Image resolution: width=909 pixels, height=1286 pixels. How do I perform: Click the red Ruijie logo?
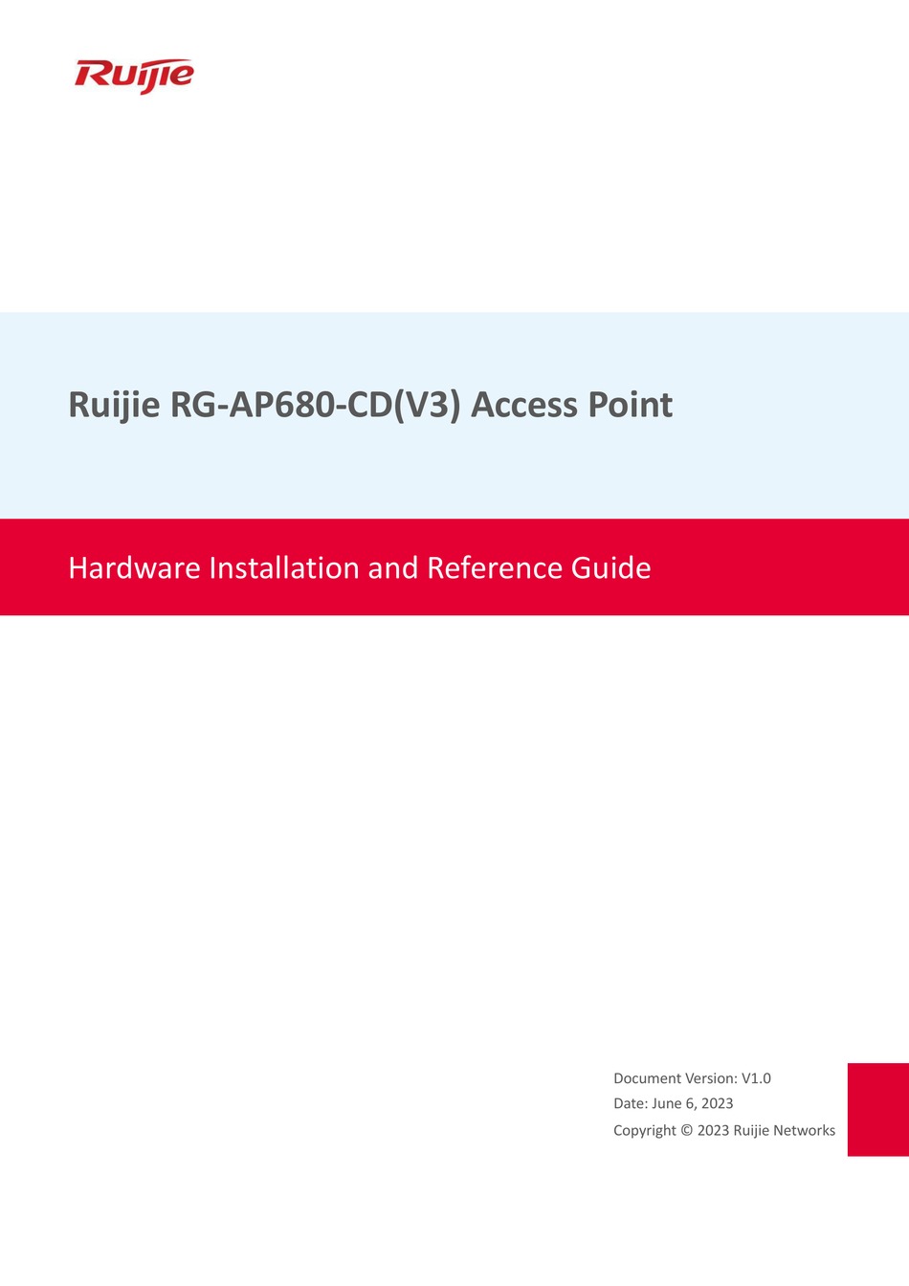click(x=134, y=75)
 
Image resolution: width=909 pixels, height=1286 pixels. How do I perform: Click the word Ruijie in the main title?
click(x=114, y=405)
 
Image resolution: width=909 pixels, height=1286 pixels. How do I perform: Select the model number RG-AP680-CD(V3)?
click(x=316, y=405)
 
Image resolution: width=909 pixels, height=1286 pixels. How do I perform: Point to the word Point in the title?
click(x=630, y=405)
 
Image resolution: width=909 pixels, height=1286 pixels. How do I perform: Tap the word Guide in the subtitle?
click(x=610, y=568)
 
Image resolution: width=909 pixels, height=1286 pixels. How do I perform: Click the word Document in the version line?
click(x=647, y=1078)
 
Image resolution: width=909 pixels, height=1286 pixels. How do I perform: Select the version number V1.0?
click(x=756, y=1078)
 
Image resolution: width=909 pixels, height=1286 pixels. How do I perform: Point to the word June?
click(x=666, y=1103)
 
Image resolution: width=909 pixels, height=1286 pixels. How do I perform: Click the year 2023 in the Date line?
click(x=717, y=1103)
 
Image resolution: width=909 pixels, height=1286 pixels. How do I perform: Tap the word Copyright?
click(x=644, y=1130)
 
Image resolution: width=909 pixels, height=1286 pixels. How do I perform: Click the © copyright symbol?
click(x=686, y=1130)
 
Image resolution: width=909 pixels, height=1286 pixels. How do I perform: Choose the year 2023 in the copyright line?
click(x=713, y=1130)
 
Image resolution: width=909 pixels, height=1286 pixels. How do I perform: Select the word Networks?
click(x=804, y=1130)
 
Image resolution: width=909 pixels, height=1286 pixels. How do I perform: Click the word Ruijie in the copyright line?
click(x=751, y=1130)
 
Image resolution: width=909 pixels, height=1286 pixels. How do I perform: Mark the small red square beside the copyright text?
click(x=877, y=1109)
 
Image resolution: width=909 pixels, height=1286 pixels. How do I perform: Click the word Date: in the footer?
click(x=630, y=1103)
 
